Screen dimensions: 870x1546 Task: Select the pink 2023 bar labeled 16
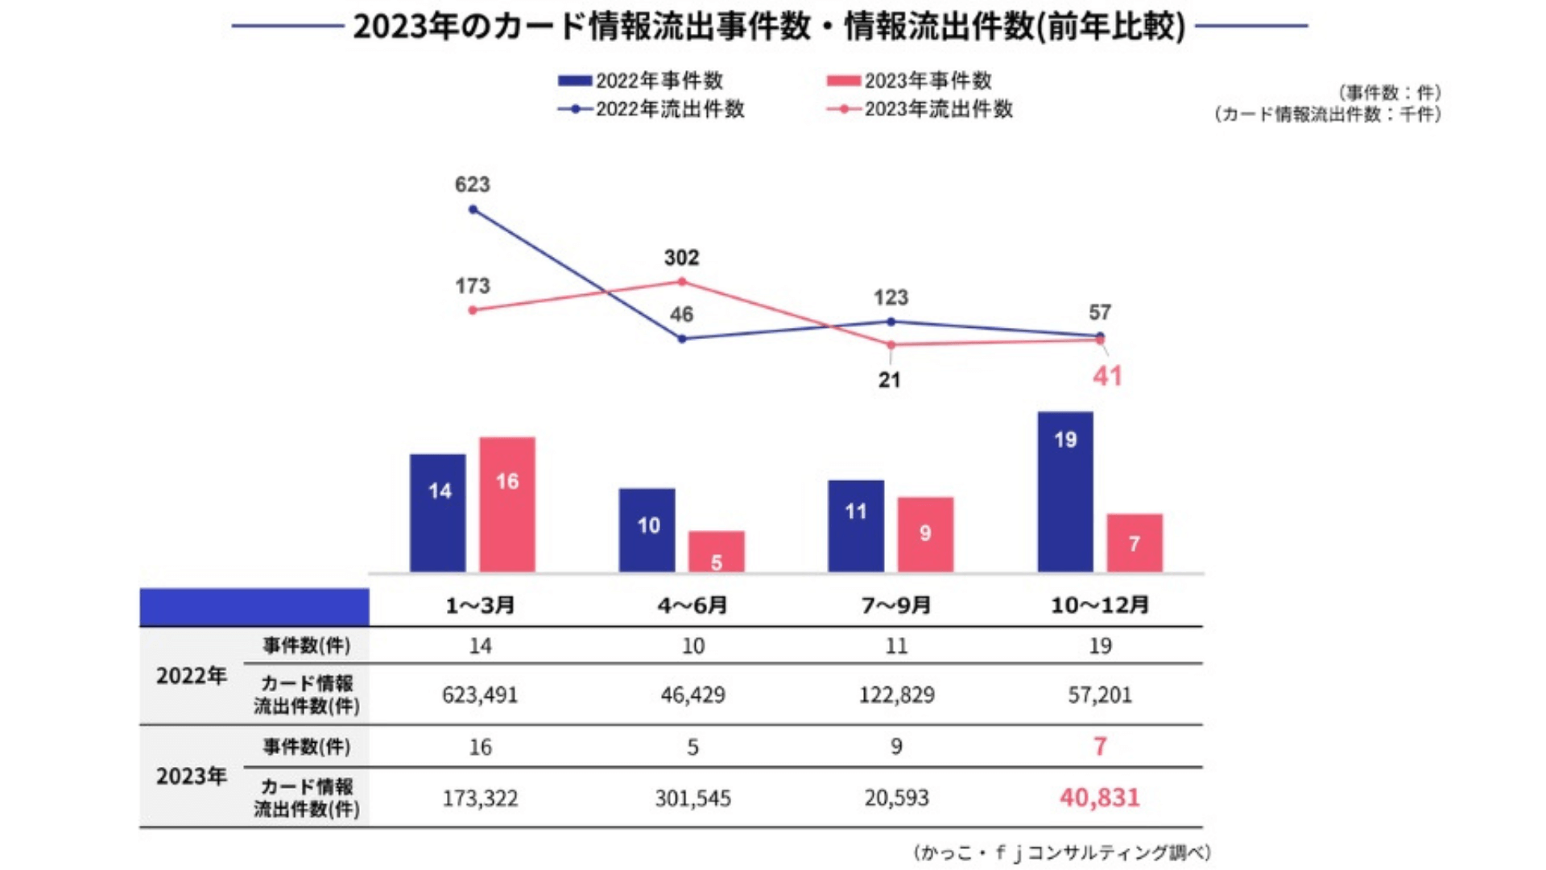[507, 504]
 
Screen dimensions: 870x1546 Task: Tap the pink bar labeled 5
[716, 552]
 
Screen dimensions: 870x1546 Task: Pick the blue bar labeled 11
[855, 526]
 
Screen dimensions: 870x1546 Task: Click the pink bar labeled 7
[1134, 543]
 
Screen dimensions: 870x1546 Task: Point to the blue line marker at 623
[473, 209]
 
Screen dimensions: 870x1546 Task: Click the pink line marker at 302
[682, 281]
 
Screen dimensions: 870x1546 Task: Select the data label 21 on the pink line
[889, 380]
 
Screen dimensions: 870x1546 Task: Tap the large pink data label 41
[1107, 376]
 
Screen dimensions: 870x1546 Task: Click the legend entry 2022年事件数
[642, 81]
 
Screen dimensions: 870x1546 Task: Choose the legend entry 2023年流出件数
[920, 109]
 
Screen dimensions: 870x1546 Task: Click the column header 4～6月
[692, 605]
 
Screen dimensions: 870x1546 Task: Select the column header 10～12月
[1099, 605]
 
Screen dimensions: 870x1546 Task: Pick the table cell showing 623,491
[480, 694]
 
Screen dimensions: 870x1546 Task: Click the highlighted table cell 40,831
[1099, 797]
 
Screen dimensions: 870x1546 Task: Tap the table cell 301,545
[692, 798]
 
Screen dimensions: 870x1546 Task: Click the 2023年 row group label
[192, 776]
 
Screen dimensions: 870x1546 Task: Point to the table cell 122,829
[896, 694]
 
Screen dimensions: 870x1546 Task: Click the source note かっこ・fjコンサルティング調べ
[1062, 852]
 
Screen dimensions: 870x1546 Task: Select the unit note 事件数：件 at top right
[1390, 93]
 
